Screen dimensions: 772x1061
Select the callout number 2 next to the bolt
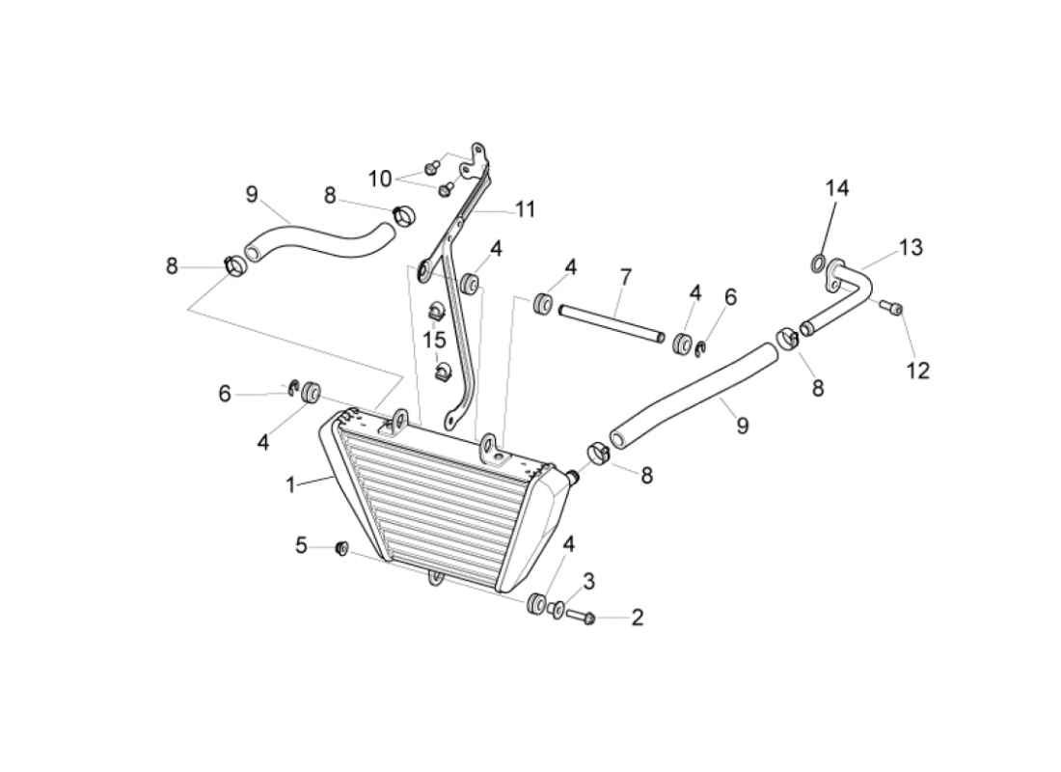point(637,618)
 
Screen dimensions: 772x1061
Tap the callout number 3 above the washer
point(588,581)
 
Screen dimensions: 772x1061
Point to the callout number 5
point(302,546)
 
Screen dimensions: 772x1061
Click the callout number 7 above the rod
point(625,278)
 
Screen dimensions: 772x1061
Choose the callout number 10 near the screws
point(380,179)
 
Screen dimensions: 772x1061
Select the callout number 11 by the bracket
point(525,208)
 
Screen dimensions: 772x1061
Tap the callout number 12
point(918,370)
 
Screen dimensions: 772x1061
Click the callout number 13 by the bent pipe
point(911,248)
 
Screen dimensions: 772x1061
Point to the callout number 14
point(836,188)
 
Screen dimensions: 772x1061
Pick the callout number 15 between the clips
point(434,340)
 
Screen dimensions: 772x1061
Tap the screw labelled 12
point(891,308)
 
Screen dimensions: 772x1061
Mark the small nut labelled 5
point(340,549)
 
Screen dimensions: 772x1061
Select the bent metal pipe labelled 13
point(849,294)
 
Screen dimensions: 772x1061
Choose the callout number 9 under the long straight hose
point(742,425)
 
